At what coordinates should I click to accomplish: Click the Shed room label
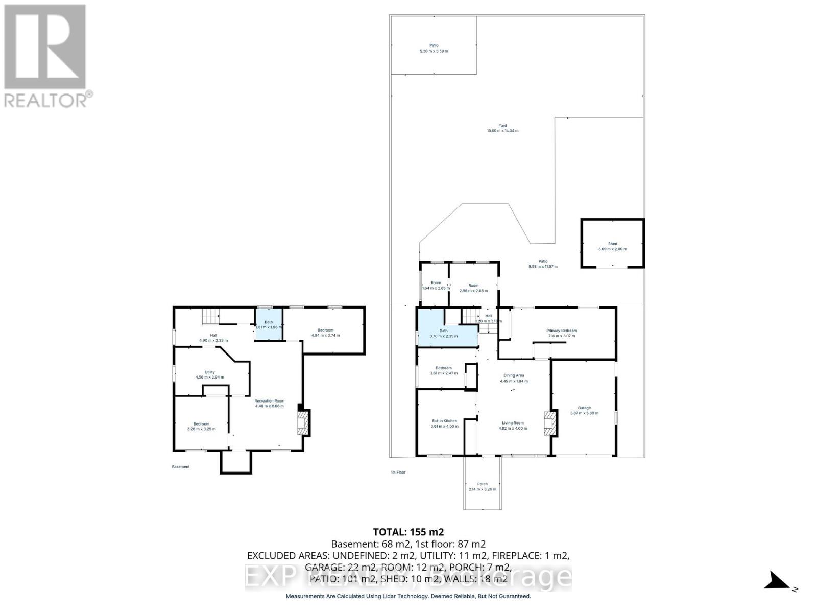coord(612,244)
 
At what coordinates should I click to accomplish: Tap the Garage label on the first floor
coord(584,408)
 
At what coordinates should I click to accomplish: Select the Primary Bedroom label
coord(562,331)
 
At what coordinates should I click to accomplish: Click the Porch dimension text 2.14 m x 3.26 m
coord(482,489)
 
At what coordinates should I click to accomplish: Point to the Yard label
coord(502,126)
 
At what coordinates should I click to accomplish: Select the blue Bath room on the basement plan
coord(269,325)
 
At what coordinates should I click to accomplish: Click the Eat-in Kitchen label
coord(444,421)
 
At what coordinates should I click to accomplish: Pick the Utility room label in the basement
coord(209,372)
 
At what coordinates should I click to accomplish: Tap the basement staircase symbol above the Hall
coord(210,317)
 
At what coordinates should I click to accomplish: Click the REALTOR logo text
coord(49,100)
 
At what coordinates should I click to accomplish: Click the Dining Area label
coord(513,375)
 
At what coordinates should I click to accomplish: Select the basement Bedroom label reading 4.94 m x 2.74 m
coord(325,331)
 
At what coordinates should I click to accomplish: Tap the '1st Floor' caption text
coord(398,473)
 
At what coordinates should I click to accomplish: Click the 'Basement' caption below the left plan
coord(181,467)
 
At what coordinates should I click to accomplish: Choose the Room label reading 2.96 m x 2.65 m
coord(473,286)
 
